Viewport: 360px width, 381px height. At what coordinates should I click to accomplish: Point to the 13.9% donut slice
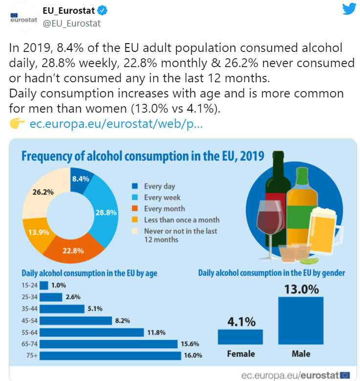click(36, 231)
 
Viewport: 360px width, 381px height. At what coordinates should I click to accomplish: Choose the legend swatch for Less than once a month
click(135, 220)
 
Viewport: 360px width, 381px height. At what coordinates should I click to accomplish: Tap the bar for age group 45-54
click(76, 320)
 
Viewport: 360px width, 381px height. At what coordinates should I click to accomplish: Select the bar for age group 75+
click(110, 355)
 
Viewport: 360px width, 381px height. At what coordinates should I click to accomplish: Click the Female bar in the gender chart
click(240, 337)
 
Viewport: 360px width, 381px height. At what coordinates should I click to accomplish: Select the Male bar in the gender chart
click(300, 321)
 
